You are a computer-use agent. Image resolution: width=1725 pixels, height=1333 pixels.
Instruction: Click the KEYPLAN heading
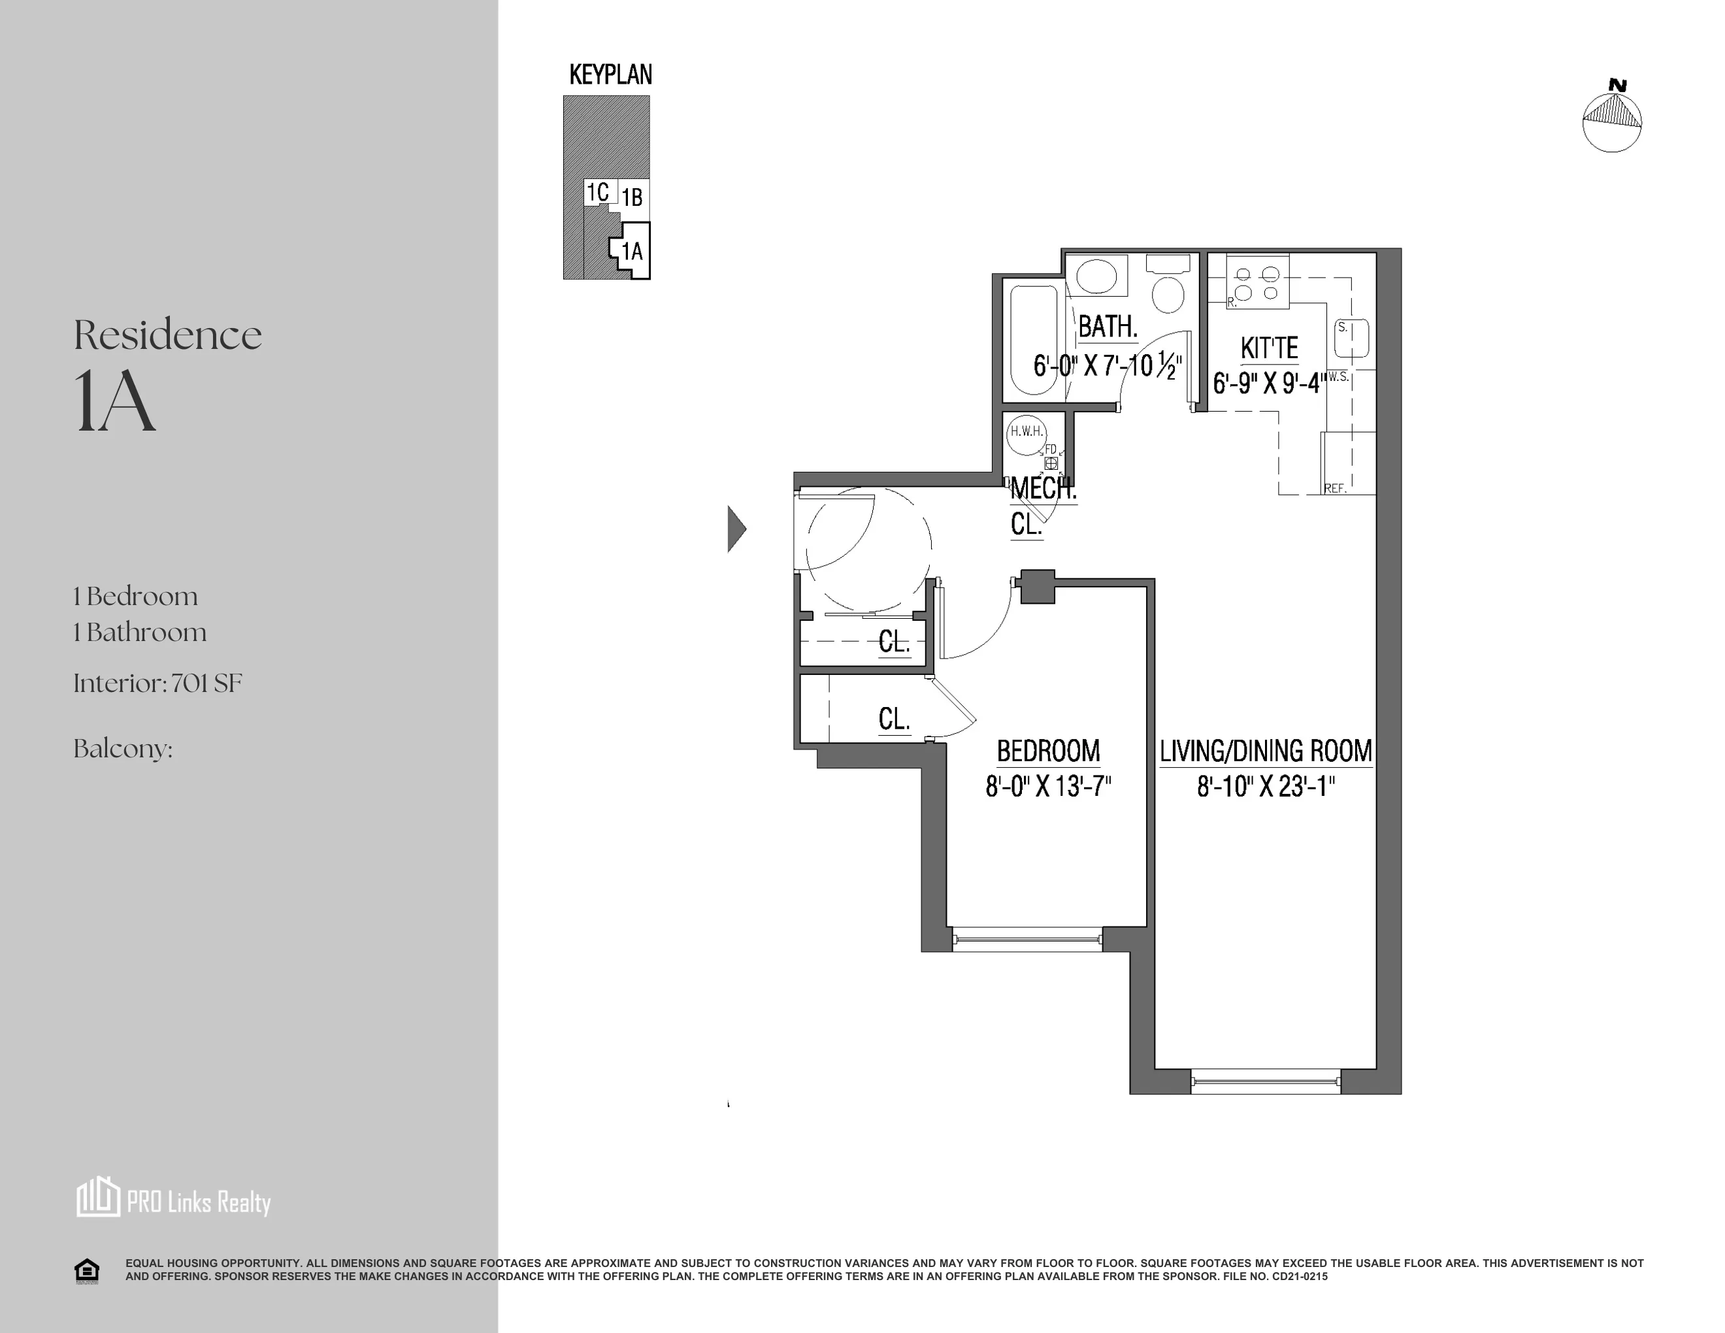point(610,75)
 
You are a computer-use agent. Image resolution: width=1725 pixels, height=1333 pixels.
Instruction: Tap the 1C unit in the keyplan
point(597,192)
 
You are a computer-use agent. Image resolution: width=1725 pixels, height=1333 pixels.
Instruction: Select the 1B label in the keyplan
point(632,197)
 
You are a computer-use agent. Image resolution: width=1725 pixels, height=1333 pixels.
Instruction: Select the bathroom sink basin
point(1096,276)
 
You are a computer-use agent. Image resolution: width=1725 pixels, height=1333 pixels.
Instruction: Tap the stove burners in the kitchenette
point(1257,284)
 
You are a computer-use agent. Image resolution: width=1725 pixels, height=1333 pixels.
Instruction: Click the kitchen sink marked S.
point(1351,338)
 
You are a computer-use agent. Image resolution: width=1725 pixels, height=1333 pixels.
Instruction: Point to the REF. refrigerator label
point(1335,489)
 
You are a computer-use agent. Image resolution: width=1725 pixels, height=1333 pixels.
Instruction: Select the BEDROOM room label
point(1048,750)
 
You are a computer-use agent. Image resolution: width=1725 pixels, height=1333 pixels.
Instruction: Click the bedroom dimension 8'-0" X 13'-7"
point(1048,787)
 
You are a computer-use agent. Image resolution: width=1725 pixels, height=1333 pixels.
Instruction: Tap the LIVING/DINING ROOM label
point(1265,750)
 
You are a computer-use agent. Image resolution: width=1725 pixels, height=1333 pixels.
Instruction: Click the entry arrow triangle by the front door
point(735,529)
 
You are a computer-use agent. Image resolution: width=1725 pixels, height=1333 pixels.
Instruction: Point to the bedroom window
point(1027,939)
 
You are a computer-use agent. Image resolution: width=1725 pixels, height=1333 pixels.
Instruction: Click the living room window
point(1265,1080)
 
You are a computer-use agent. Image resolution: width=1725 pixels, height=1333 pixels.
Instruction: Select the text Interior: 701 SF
point(157,683)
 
